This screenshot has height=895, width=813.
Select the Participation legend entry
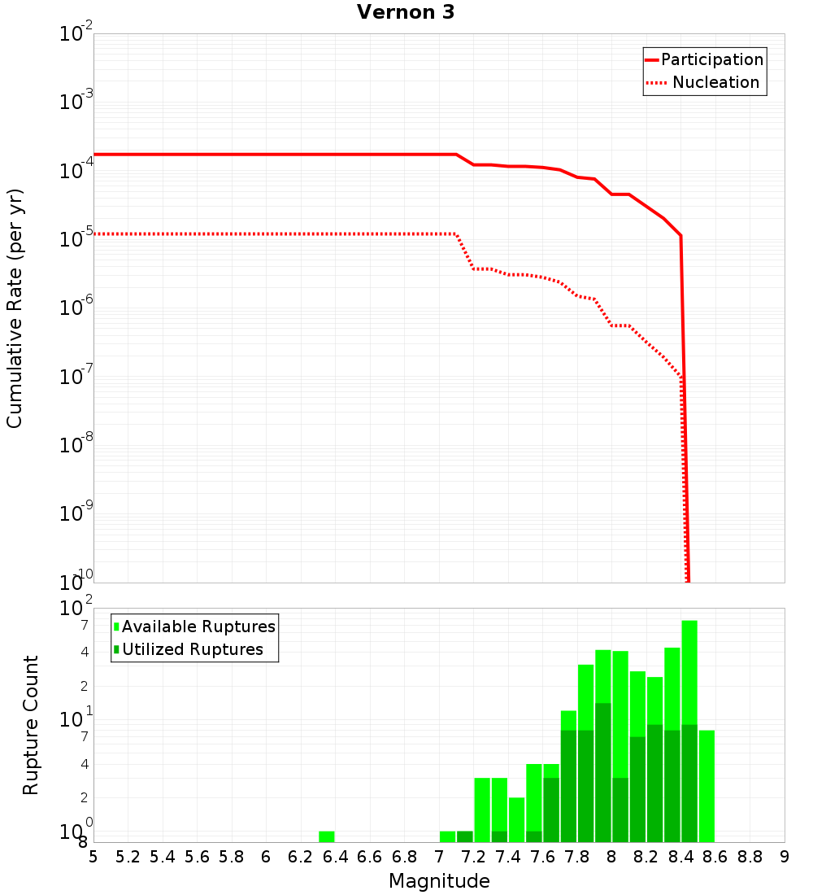pos(711,60)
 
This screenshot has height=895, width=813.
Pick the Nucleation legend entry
pos(715,83)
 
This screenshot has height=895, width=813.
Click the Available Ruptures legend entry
pos(198,627)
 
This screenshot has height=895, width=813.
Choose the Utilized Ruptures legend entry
pos(192,650)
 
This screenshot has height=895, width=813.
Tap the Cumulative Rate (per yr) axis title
pos(15,308)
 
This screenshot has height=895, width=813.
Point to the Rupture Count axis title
pos(31,725)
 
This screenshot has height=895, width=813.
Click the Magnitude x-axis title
pos(439,881)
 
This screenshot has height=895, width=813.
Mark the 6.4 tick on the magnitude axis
pos(335,857)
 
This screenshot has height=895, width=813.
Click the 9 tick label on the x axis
pos(785,857)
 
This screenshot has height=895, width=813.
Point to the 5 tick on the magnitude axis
pos(93,857)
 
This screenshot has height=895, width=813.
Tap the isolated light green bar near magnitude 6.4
pos(327,836)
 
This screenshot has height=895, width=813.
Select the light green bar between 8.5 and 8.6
pos(706,786)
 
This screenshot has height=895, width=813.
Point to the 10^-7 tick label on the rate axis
pos(76,377)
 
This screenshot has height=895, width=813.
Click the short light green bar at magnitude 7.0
pos(447,836)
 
